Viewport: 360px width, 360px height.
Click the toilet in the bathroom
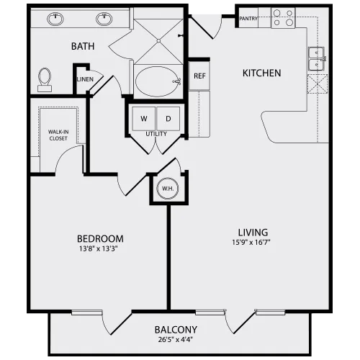(45, 80)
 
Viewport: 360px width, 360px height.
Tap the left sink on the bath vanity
(55, 19)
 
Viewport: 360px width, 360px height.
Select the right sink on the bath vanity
(104, 19)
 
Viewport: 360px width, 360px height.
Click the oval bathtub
(158, 81)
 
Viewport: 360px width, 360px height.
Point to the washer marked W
(144, 119)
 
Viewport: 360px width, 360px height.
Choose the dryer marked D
(168, 119)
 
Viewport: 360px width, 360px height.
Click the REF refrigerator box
(199, 76)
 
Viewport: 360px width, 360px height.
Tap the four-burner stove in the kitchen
(283, 18)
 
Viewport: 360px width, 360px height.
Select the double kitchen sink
(317, 59)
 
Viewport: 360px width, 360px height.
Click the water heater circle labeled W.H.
(168, 189)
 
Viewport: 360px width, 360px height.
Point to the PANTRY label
(248, 19)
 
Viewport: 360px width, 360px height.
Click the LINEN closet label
(85, 79)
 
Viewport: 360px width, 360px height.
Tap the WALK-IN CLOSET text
(58, 135)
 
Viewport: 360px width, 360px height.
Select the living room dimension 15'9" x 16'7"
(251, 243)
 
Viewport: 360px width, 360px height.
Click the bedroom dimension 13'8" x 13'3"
(99, 249)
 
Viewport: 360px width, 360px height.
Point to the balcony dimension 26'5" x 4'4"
(176, 340)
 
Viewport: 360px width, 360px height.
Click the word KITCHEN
(261, 73)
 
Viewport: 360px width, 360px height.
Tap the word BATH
(83, 46)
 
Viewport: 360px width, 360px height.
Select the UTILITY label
(156, 134)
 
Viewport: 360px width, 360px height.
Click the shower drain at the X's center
(158, 41)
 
